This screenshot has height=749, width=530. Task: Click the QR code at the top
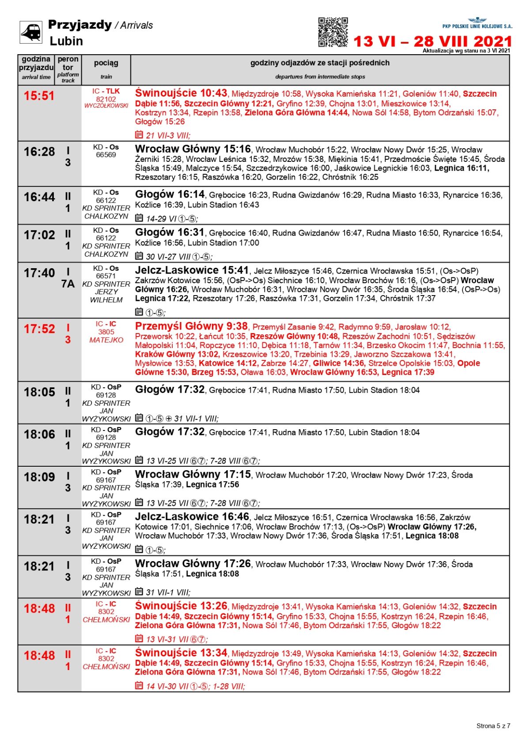tap(333, 32)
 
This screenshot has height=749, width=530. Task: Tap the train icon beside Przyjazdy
tap(31, 32)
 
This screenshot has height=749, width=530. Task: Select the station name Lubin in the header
tap(66, 41)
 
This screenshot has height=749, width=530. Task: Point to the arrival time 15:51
tap(39, 96)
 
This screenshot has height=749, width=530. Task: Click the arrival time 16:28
tap(39, 152)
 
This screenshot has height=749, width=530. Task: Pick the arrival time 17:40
tap(39, 273)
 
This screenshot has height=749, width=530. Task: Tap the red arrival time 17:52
tap(39, 329)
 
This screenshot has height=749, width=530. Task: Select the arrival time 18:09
tap(39, 477)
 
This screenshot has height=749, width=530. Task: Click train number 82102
tap(106, 99)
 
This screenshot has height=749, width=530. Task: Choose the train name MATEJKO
tap(106, 340)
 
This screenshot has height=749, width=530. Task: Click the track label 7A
tap(68, 284)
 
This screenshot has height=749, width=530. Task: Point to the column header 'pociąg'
tap(106, 63)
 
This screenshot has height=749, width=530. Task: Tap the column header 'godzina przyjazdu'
tap(36, 64)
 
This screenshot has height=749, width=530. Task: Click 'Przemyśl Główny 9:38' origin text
tap(191, 326)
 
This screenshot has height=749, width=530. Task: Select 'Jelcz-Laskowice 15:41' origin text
tap(192, 270)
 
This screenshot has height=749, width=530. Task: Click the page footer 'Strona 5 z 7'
tap(493, 726)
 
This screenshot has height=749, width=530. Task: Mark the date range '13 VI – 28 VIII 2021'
tap(432, 41)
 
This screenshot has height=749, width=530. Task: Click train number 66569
tap(106, 155)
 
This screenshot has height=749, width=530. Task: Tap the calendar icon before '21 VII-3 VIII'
tap(139, 135)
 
